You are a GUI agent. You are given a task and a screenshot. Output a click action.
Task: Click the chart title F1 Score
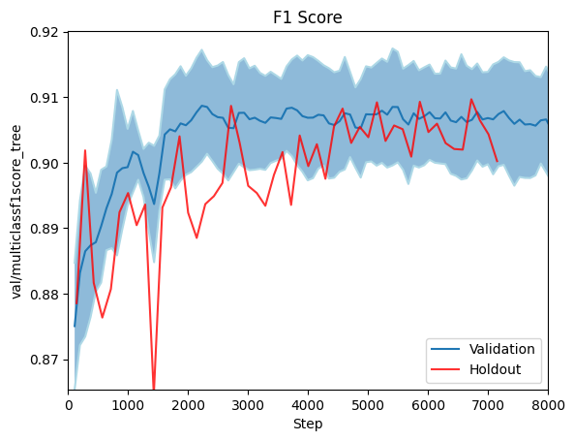(x=309, y=17)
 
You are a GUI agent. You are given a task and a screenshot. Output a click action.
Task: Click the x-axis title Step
(x=308, y=424)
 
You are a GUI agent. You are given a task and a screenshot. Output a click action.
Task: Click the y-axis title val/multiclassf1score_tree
(x=16, y=210)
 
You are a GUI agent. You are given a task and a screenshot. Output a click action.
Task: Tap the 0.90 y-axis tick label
(x=46, y=163)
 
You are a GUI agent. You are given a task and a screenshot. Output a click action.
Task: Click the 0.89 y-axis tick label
(x=46, y=229)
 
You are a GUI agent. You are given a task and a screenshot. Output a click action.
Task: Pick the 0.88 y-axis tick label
(x=46, y=295)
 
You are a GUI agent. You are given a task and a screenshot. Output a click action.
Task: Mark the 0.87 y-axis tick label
(x=46, y=360)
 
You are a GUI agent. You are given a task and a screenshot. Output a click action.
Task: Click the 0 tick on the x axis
(x=69, y=405)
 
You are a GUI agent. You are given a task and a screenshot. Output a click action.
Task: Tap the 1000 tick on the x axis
(x=129, y=405)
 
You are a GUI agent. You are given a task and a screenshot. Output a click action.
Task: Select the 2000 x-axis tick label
(x=189, y=405)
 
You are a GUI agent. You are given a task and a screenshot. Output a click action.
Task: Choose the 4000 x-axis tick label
(x=309, y=405)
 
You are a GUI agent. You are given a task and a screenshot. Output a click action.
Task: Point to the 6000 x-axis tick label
(x=428, y=405)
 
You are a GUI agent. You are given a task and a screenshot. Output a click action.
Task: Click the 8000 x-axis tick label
(x=547, y=405)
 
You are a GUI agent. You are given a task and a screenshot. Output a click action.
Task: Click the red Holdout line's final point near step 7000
(x=497, y=161)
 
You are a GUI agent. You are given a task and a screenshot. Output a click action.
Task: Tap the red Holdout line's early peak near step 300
(x=85, y=150)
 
